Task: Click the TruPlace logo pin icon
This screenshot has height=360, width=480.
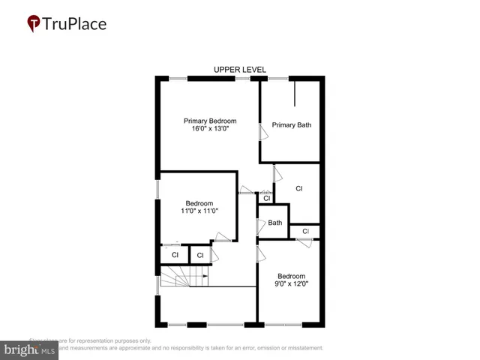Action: pos(34,23)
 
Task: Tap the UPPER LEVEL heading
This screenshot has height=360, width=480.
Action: pos(240,70)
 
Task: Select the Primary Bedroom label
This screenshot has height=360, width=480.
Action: pos(210,121)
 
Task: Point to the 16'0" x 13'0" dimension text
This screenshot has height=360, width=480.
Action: pos(210,129)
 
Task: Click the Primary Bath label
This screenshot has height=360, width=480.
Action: pos(291,125)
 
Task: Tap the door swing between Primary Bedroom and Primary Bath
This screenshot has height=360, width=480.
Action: pos(262,133)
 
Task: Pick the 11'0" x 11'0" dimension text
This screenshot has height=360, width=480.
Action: pos(199,211)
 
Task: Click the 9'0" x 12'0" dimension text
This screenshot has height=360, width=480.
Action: pos(291,284)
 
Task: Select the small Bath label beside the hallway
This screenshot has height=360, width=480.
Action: pos(275,222)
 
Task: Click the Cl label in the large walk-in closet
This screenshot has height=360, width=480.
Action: pos(298,188)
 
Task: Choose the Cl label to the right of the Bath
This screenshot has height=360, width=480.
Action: pos(305,231)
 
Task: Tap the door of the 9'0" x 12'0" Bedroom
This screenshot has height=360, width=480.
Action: pos(262,254)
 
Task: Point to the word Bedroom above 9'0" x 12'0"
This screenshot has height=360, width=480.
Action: pos(291,276)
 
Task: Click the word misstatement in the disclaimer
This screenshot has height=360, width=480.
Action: pos(301,348)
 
